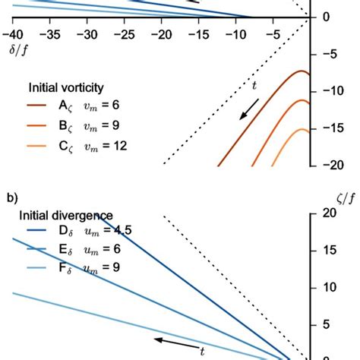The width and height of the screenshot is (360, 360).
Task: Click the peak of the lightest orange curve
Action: tap(303, 129)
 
